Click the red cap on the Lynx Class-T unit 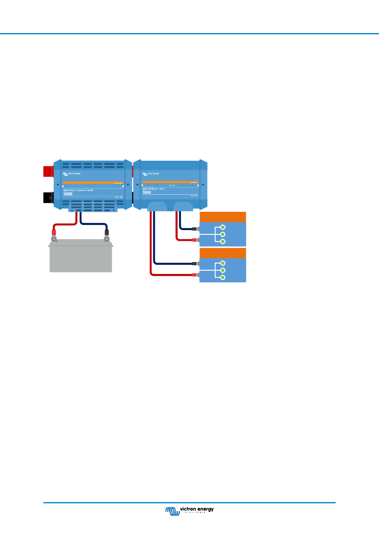point(48,171)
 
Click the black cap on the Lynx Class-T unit point(48,197)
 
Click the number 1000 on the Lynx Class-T point(68,194)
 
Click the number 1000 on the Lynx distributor point(147,193)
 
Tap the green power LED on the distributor point(170,185)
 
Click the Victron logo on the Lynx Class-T point(71,174)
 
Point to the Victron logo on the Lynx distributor point(150,174)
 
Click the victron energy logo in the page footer point(189,510)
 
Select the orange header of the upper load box point(223,217)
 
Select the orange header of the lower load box point(223,253)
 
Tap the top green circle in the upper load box point(223,227)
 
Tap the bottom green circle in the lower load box point(223,278)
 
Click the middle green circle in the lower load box point(223,270)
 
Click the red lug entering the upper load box point(194,240)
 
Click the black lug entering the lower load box point(194,264)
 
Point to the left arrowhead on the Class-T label point(63,186)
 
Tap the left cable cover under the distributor point(157,206)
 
